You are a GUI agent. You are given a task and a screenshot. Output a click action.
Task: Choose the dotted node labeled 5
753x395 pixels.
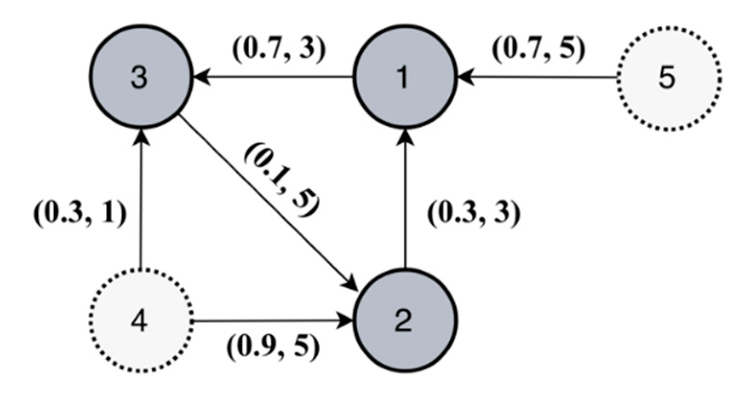669,78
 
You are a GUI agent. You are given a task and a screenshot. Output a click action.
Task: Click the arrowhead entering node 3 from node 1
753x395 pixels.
200,77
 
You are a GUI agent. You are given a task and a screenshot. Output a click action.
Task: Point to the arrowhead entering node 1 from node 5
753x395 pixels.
465,77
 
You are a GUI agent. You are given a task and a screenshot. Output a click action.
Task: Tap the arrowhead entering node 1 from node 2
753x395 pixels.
405,136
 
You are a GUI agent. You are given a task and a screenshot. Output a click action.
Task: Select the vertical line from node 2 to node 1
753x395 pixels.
405,201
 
